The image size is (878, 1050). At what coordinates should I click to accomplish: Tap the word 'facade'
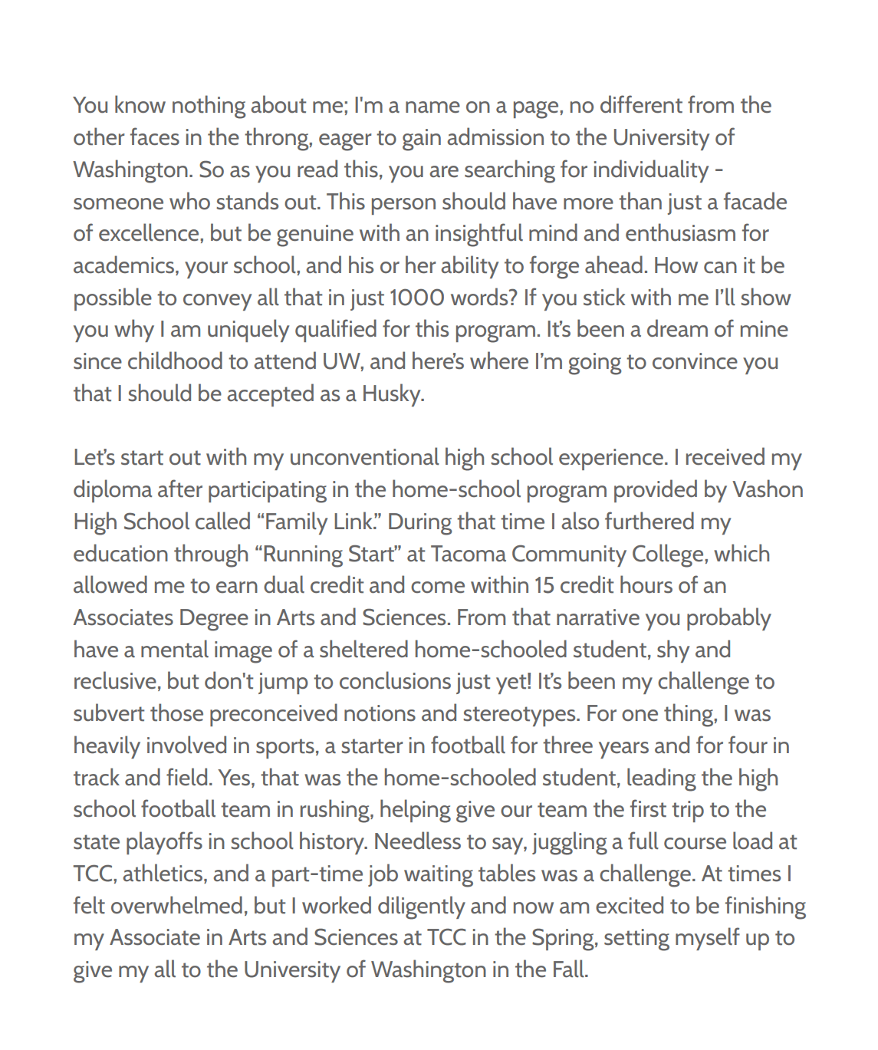pos(755,202)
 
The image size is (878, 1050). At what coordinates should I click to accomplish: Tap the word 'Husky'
pos(392,394)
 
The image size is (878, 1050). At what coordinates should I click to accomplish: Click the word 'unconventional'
pos(364,458)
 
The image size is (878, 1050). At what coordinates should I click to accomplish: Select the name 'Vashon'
pos(768,490)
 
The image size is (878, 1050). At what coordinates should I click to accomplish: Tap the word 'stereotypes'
pos(520,714)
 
